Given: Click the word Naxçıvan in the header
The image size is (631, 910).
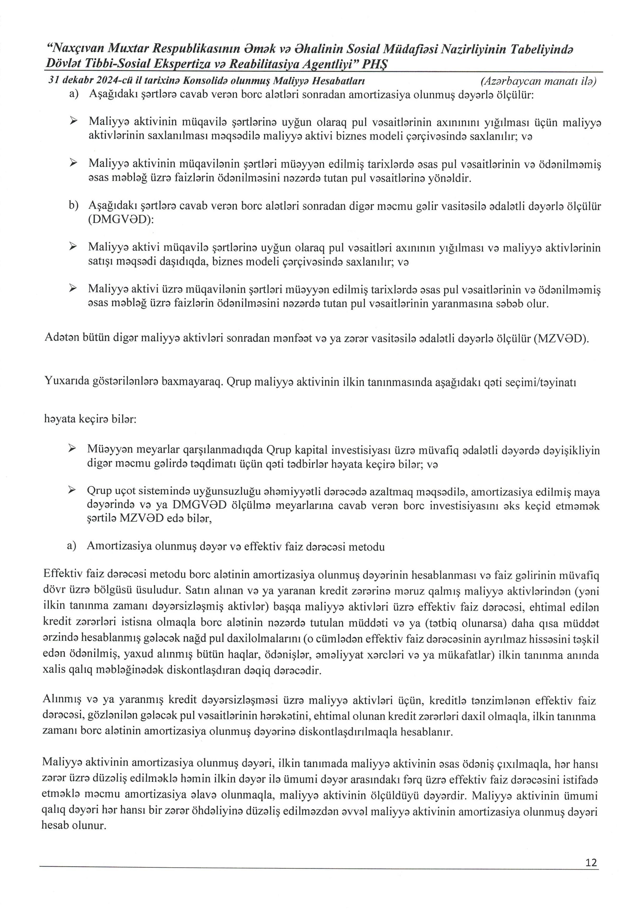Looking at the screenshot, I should point(76,49).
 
